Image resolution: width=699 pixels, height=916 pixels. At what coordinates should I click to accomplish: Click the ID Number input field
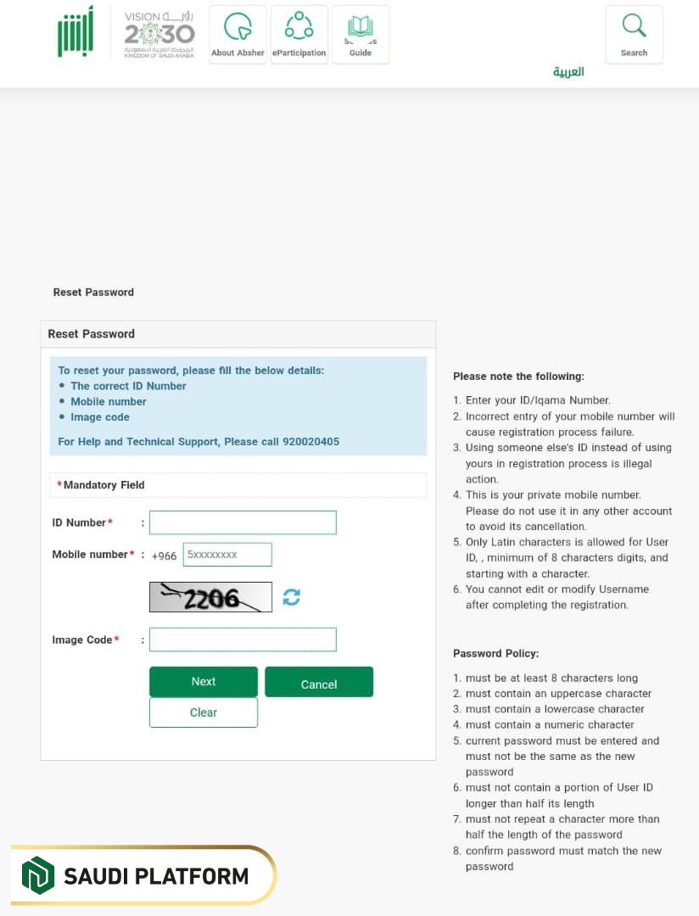(x=243, y=522)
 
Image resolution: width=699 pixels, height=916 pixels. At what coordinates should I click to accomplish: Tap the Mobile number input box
(x=226, y=555)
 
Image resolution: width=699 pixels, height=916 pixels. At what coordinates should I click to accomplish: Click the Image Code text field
(x=243, y=640)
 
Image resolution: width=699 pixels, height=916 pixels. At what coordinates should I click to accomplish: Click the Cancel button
(x=319, y=683)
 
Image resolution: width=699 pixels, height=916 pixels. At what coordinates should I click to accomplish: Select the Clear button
(x=204, y=712)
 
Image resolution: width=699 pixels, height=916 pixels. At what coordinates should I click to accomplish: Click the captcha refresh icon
(x=292, y=597)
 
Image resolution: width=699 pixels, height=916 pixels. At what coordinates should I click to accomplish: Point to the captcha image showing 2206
(x=210, y=597)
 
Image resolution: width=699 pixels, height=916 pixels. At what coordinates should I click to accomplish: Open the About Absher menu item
(x=238, y=35)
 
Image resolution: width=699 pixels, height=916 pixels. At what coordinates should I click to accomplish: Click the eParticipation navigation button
(x=299, y=35)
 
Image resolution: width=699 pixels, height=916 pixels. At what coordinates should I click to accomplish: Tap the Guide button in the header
(x=361, y=35)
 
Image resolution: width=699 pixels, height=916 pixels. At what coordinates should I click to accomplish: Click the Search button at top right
(x=634, y=34)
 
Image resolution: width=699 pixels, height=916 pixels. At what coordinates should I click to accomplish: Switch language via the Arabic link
(x=568, y=72)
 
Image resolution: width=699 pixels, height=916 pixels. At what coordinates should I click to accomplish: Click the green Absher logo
(x=75, y=32)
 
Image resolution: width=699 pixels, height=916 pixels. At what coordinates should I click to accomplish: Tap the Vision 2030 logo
(x=159, y=34)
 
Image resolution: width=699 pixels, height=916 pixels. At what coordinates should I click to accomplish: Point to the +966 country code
(x=165, y=556)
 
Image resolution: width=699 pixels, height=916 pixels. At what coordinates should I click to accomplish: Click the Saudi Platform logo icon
(x=37, y=874)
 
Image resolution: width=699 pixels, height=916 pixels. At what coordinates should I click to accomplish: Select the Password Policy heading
(x=495, y=653)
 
